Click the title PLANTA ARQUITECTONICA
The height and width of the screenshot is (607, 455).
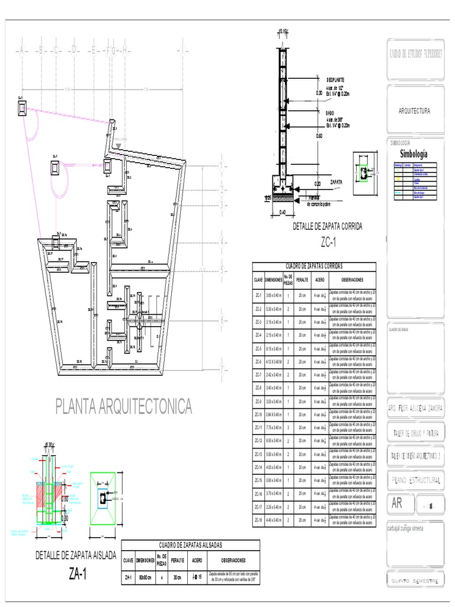[124, 407]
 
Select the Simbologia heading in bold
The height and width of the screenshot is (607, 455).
[414, 154]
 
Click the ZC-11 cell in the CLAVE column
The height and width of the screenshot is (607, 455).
[258, 427]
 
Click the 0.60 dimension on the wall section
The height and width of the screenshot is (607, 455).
[319, 136]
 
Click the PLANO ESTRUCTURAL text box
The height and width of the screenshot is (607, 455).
[415, 480]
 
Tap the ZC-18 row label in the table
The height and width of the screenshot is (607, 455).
[258, 520]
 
